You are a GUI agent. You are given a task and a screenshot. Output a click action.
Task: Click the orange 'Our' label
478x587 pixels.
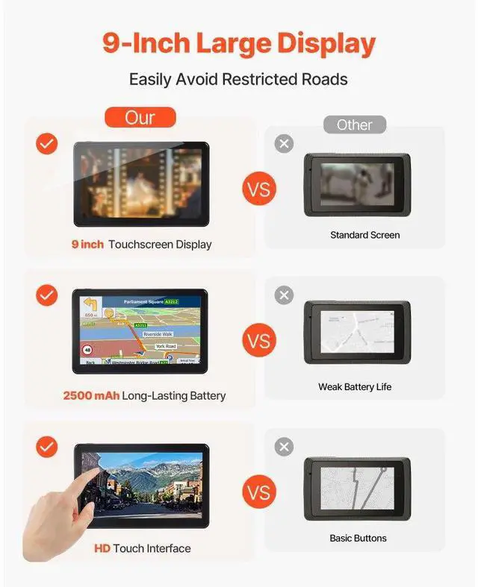[140, 117]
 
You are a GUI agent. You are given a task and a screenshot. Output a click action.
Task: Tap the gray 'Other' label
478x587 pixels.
[354, 125]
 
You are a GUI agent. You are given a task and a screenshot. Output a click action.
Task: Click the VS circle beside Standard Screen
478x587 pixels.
[258, 189]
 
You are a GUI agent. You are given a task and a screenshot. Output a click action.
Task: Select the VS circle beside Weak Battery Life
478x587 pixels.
[258, 342]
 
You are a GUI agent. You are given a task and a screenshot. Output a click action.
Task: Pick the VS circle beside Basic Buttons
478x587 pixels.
[258, 493]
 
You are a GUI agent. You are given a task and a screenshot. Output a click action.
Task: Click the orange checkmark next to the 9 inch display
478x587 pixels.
[47, 144]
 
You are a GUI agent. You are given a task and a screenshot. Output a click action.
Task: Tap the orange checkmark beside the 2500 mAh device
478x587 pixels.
[47, 295]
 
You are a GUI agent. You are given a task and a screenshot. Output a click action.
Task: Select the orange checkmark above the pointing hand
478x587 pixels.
[47, 447]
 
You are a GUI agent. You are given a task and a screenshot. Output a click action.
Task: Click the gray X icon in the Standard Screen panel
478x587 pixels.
[284, 144]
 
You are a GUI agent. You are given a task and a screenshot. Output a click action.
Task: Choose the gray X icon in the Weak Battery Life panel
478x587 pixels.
[284, 295]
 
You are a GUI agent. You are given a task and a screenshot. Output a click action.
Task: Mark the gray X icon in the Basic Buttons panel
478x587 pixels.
[284, 447]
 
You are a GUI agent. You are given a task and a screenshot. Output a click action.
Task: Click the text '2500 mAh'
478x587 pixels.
[91, 395]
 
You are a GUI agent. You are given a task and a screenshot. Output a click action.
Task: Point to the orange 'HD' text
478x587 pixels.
[102, 548]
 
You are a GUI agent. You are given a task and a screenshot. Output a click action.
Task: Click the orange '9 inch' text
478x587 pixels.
[87, 244]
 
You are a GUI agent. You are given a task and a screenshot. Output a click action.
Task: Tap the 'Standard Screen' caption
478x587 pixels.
[364, 235]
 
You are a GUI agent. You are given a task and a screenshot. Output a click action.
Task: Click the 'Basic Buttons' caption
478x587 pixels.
[358, 538]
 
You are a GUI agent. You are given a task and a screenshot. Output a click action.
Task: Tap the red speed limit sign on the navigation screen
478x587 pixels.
[87, 349]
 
